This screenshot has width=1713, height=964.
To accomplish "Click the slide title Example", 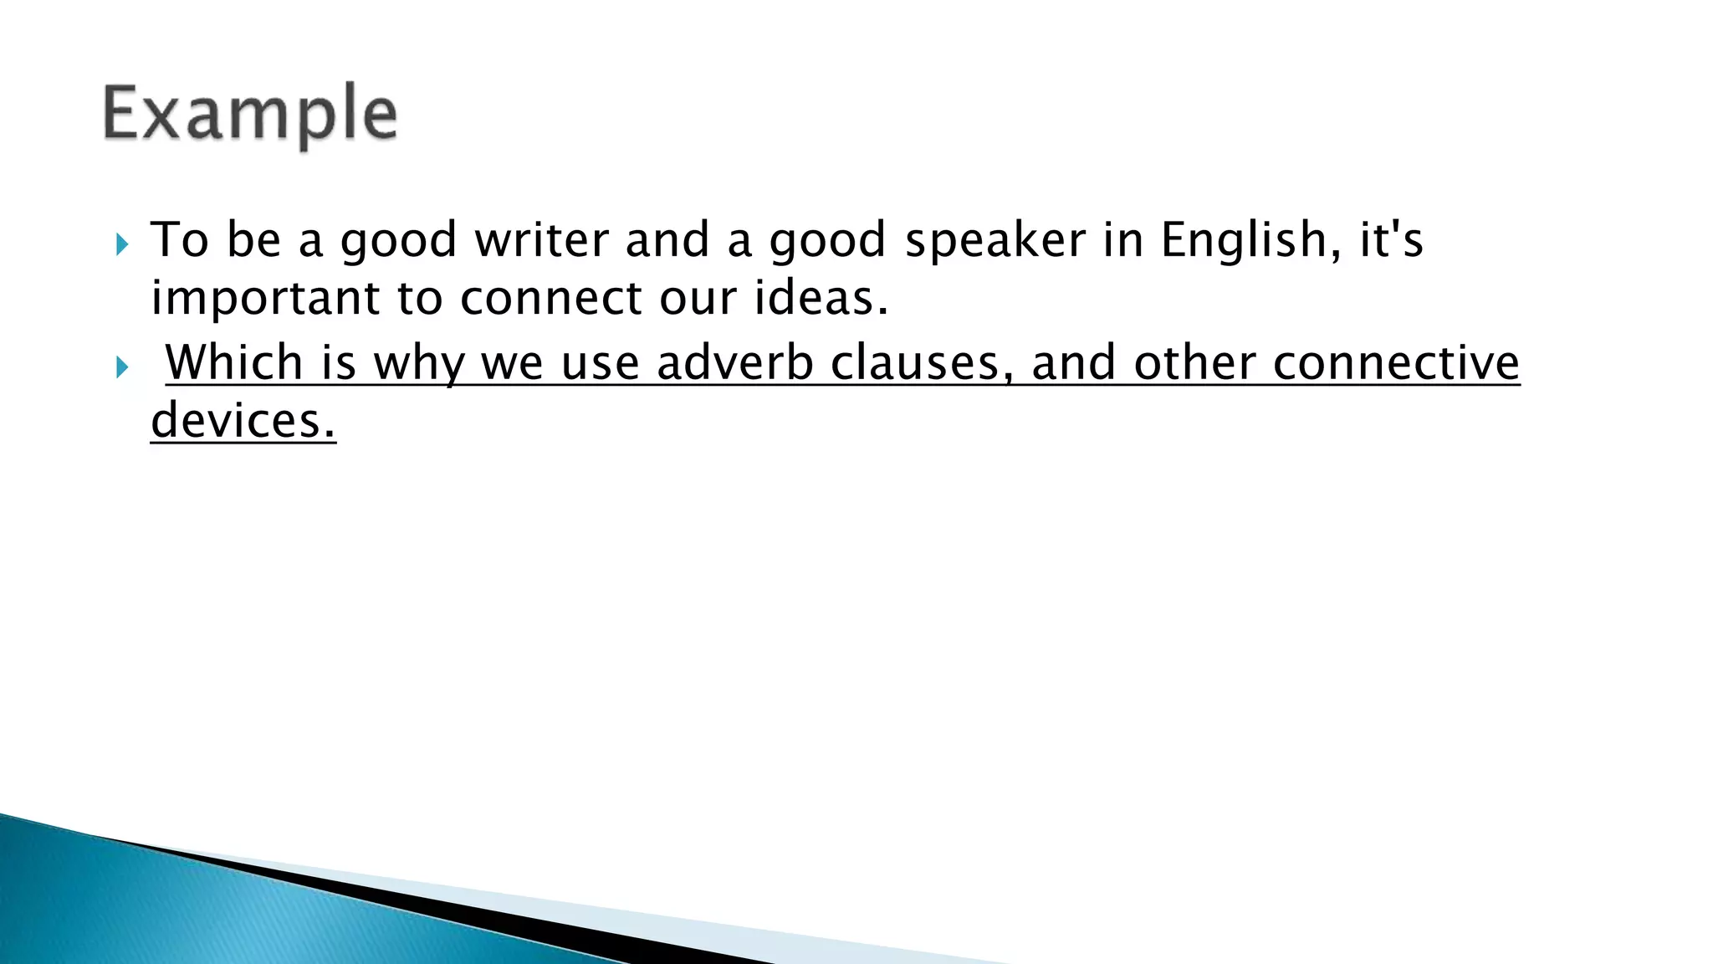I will [249, 115].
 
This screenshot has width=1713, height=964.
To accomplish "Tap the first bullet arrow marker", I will [123, 245].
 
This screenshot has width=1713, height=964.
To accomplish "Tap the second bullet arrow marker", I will [123, 367].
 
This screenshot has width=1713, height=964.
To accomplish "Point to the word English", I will [1244, 241].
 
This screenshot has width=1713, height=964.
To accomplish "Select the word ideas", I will [821, 299].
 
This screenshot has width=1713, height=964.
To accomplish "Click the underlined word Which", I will [234, 363].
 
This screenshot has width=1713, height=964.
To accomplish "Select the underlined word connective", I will [1395, 363].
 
